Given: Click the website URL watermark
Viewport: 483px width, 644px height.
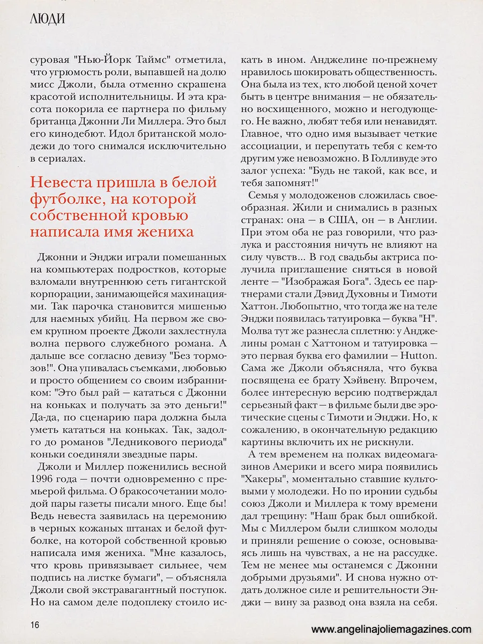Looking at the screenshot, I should [391, 629].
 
